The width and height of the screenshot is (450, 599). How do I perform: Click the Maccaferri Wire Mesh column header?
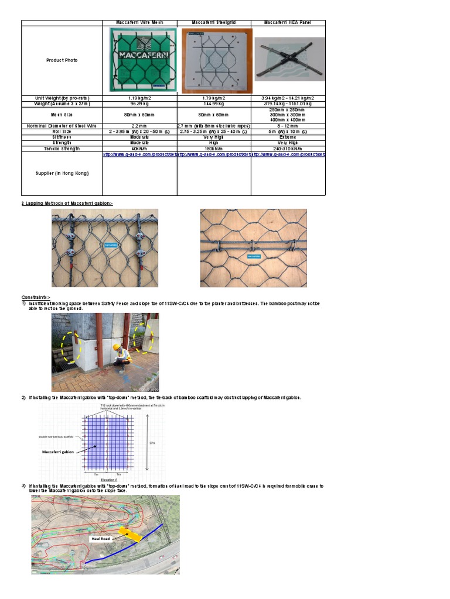coord(140,23)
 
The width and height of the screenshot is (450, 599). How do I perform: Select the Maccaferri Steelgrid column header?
coord(214,23)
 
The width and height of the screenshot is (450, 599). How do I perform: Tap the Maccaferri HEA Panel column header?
coord(288,23)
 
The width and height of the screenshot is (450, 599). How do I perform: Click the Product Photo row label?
coord(62,60)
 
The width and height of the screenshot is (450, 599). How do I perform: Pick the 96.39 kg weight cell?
coord(140,104)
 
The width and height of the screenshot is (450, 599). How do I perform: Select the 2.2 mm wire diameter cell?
coord(140,126)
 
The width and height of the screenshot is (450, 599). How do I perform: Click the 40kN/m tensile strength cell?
coord(140,149)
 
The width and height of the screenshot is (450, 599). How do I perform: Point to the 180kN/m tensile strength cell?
coord(214,149)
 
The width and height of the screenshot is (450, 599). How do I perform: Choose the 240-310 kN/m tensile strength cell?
coord(288,149)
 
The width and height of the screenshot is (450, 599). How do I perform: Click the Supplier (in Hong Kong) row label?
coord(62,173)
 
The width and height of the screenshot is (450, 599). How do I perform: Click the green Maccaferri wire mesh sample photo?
coord(140,60)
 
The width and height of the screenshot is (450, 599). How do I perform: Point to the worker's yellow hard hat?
coord(117,347)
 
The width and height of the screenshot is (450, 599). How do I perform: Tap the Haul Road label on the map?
coord(100,538)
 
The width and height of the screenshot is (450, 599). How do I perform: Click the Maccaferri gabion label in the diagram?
coord(60,452)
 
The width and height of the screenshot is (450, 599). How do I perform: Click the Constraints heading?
coord(36,297)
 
